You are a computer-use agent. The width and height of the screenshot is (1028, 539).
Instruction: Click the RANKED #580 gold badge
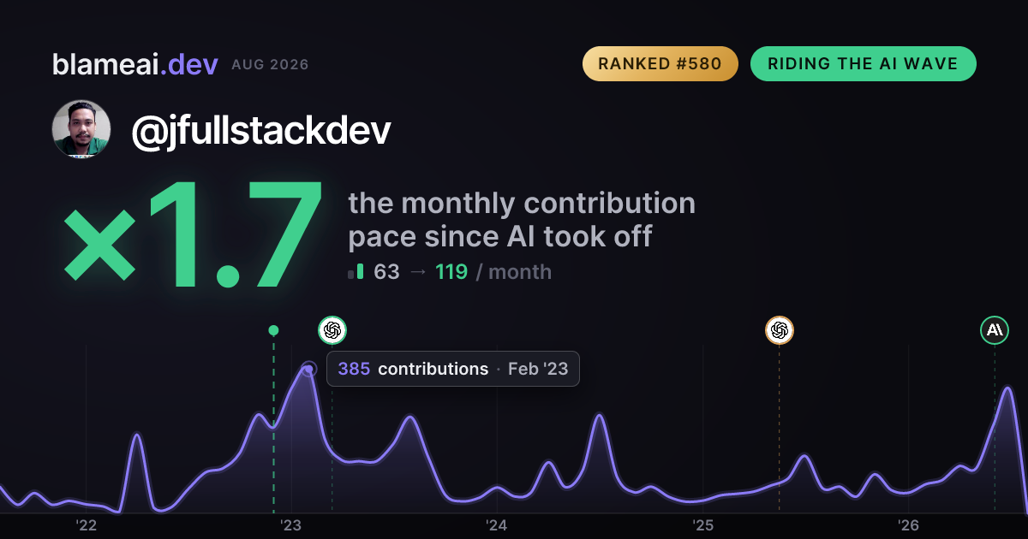click(660, 63)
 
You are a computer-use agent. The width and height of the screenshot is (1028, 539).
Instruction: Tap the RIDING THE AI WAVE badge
click(863, 63)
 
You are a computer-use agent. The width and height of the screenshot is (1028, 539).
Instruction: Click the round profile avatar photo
click(81, 129)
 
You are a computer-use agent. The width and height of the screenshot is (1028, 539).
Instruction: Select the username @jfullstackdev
click(261, 131)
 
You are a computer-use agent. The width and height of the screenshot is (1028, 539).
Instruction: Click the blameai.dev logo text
click(135, 64)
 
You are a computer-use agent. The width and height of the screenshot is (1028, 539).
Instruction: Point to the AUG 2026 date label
click(270, 65)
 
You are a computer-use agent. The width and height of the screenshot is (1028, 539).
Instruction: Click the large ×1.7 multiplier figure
click(193, 234)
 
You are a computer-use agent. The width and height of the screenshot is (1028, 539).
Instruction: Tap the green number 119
click(451, 272)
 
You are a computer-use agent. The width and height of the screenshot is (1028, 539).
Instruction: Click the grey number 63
click(386, 272)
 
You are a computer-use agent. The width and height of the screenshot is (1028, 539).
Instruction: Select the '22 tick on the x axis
click(86, 525)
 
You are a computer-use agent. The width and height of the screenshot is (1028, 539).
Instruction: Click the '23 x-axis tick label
click(291, 525)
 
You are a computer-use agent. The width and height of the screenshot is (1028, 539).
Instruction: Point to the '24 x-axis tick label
click(497, 525)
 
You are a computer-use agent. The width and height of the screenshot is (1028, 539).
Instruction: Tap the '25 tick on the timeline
click(702, 525)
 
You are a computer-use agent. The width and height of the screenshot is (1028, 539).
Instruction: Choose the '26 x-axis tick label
click(908, 525)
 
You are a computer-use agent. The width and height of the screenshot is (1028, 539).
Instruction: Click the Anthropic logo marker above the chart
click(995, 330)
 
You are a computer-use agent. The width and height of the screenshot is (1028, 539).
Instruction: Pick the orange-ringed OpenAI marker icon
click(780, 330)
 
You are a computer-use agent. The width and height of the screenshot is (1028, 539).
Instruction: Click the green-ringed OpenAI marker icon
click(332, 330)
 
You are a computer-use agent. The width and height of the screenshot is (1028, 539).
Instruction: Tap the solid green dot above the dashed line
click(273, 330)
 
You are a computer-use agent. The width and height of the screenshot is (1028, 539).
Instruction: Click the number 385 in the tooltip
click(354, 369)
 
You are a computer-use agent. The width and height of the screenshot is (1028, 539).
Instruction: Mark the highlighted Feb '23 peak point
click(309, 369)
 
